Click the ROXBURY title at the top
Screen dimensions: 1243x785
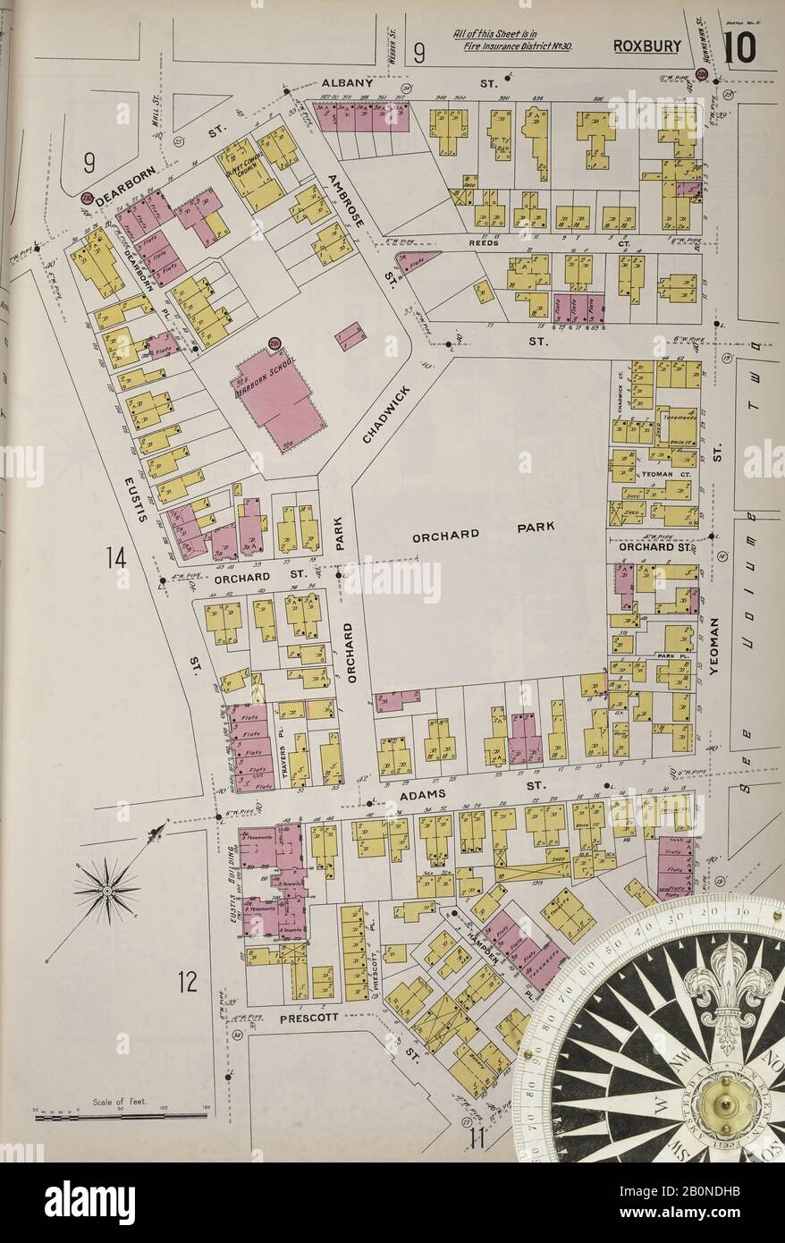point(647,47)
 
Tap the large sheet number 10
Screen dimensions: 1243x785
point(739,47)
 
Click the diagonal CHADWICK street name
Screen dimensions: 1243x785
point(386,414)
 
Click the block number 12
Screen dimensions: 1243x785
point(186,981)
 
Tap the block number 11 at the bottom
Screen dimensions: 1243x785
point(476,1138)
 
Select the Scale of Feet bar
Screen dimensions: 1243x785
point(121,1115)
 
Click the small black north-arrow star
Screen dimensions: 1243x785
point(106,889)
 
